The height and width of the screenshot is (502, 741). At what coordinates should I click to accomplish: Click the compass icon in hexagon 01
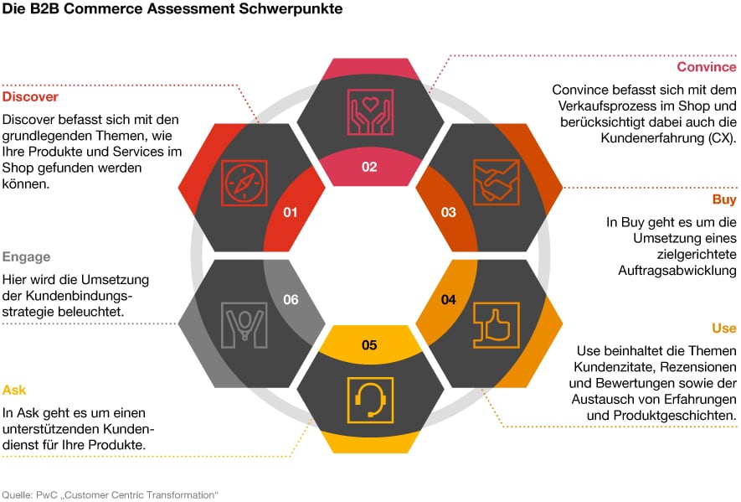pyautogui.click(x=244, y=183)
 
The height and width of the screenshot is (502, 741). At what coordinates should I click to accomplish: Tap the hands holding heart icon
pyautogui.click(x=370, y=112)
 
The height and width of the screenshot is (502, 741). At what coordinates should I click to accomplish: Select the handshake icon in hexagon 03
pyautogui.click(x=497, y=182)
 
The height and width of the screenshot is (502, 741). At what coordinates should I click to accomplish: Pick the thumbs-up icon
pyautogui.click(x=497, y=325)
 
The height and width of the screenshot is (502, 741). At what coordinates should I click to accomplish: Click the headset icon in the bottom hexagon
pyautogui.click(x=370, y=401)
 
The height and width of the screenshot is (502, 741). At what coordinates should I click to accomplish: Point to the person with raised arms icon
pyautogui.click(x=244, y=325)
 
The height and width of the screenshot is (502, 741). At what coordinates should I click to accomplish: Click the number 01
pyautogui.click(x=291, y=212)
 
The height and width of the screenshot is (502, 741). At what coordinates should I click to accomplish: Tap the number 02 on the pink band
pyautogui.click(x=369, y=167)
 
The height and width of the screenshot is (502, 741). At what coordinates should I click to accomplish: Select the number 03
pyautogui.click(x=449, y=212)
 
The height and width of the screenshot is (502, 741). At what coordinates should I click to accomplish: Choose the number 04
pyautogui.click(x=449, y=299)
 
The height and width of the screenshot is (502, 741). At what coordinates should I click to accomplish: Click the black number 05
pyautogui.click(x=369, y=345)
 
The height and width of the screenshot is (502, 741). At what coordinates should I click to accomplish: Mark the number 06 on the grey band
pyautogui.click(x=291, y=299)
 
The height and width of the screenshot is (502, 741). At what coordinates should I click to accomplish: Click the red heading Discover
pyautogui.click(x=30, y=97)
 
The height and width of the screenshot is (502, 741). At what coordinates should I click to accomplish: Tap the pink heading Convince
pyautogui.click(x=707, y=67)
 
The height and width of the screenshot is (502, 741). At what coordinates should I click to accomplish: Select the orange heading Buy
pyautogui.click(x=724, y=199)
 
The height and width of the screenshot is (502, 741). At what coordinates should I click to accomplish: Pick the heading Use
pyautogui.click(x=724, y=329)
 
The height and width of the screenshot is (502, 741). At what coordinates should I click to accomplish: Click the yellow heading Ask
pyautogui.click(x=14, y=391)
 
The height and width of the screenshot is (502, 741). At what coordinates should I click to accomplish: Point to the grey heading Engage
pyautogui.click(x=27, y=257)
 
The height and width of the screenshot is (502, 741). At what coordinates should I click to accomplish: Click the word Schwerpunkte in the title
pyautogui.click(x=291, y=9)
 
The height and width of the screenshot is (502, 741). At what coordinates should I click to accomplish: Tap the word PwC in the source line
pyautogui.click(x=47, y=495)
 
